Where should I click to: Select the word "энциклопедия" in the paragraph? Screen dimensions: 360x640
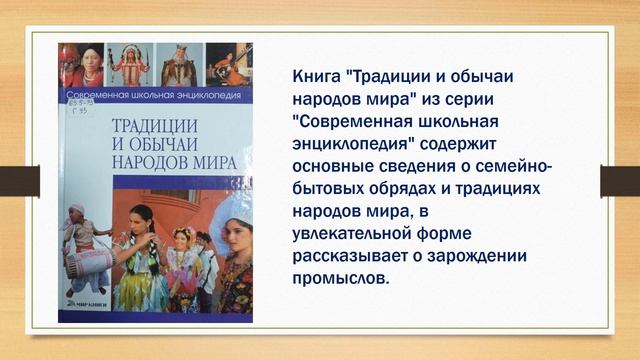pos(352,143)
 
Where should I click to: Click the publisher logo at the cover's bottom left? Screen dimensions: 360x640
pos(85,309)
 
